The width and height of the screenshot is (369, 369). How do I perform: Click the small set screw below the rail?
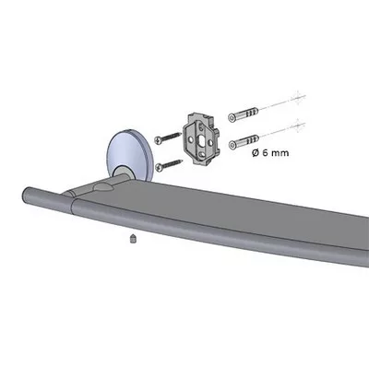coord(133,239)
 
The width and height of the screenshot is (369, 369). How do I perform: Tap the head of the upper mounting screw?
coord(158,139)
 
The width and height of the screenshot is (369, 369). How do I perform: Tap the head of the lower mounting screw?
coord(160,167)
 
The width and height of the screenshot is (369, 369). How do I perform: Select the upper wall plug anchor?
coord(244,113)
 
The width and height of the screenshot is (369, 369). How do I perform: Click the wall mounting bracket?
coord(202,139)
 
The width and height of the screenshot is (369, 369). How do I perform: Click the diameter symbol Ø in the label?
coord(256,153)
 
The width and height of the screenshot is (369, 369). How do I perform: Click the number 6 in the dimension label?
coord(265,153)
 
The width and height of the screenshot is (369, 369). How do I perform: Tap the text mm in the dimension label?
coord(280,153)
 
